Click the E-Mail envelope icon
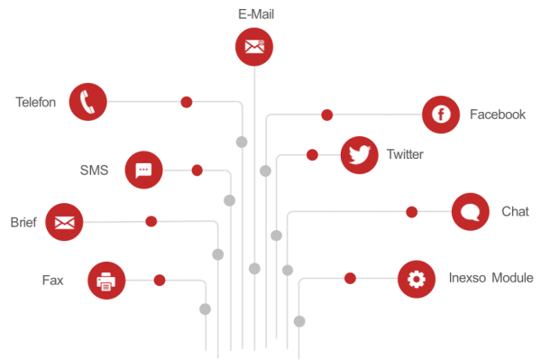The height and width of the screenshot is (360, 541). point(254,47)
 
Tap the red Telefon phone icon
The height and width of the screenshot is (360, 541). point(87,101)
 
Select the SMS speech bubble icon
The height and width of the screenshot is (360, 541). point(143,170)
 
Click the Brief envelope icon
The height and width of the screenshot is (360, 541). point(64,222)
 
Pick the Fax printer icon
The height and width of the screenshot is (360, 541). point(106,281)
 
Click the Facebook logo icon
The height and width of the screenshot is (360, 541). point(441,115)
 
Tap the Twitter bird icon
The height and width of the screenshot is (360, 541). point(360,154)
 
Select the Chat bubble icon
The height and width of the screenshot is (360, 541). point(470,212)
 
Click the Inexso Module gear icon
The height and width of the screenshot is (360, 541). point(416,279)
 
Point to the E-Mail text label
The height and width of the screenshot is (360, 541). point(254,14)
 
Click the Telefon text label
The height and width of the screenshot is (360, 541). point(36,102)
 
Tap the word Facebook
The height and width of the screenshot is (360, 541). point(497,115)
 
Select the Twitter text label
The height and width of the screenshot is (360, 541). point(404,154)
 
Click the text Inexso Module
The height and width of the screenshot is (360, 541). point(491,278)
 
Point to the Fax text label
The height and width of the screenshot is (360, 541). point(53,280)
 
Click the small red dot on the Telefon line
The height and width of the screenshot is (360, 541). point(187,102)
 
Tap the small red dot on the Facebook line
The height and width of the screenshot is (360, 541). point(327,115)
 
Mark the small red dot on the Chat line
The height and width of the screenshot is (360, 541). point(412,212)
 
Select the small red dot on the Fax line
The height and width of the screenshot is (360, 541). point(160,281)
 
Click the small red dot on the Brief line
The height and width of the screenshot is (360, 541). point(151,221)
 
